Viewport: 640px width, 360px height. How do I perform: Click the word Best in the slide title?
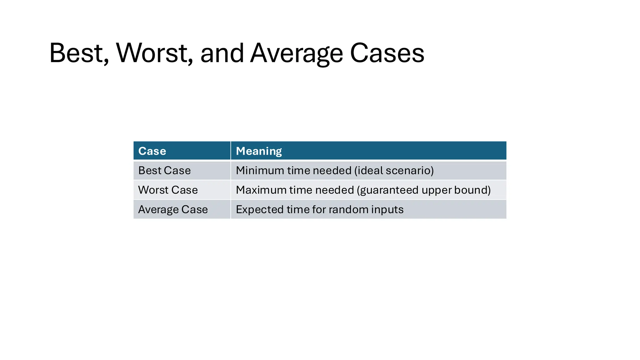(77, 53)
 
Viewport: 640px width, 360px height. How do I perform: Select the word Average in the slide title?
(297, 54)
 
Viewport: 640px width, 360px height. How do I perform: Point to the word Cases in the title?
(387, 53)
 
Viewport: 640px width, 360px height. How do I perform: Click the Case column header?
(152, 151)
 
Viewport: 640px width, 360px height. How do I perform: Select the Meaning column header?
(259, 151)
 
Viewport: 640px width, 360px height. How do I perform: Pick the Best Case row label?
(164, 171)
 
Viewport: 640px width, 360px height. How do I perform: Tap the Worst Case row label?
(168, 190)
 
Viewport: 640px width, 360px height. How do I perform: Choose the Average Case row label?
(173, 209)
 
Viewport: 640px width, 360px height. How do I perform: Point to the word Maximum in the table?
(261, 190)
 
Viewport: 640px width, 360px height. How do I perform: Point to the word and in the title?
(222, 53)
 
